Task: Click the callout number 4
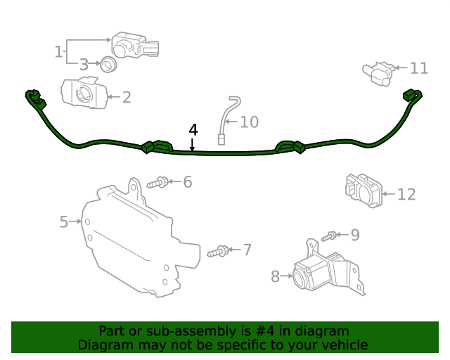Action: pos(193,130)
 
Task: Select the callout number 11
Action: pos(419,68)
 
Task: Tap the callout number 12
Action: pos(406,194)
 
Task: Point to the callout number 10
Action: pos(249,122)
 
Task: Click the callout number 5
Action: pos(64,222)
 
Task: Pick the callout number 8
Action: pos(275,277)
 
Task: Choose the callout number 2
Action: pos(127,97)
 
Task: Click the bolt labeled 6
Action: pos(157,183)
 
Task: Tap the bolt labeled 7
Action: pos(218,251)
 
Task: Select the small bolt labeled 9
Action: pos(328,236)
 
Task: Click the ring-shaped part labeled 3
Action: pos(108,64)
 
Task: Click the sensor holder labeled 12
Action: pos(364,191)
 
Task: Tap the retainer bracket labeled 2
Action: pos(84,92)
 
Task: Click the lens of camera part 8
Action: pos(300,277)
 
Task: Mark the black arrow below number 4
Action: pos(192,144)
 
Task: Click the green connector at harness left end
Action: pos(36,99)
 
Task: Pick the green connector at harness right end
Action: pos(413,96)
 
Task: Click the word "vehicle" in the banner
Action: pos(346,345)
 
